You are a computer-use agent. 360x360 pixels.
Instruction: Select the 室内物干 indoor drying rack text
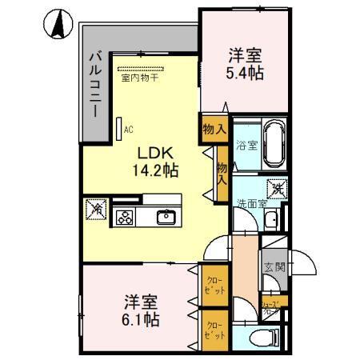pos(139,78)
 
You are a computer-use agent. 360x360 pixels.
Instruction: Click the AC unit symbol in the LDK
pos(119,127)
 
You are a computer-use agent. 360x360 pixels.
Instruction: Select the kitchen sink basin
pos(166,216)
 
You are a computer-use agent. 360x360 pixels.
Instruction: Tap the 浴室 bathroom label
pos(246,145)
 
